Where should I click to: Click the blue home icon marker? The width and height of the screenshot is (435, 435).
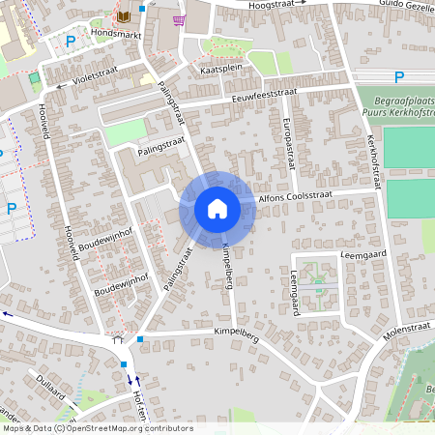[217, 209]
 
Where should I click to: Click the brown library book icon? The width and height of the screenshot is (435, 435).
[123, 16]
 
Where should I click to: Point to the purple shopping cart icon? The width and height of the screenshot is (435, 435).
[178, 18]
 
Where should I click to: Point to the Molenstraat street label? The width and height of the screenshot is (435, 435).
[405, 332]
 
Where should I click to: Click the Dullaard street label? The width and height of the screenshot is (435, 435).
[48, 391]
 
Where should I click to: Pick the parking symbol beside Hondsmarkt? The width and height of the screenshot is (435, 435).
[70, 42]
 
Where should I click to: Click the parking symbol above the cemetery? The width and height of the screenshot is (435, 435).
[399, 77]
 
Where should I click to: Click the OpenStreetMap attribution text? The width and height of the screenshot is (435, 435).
[97, 428]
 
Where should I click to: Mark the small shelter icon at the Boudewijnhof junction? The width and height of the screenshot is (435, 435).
[118, 339]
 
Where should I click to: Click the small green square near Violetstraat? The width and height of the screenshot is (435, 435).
[35, 77]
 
